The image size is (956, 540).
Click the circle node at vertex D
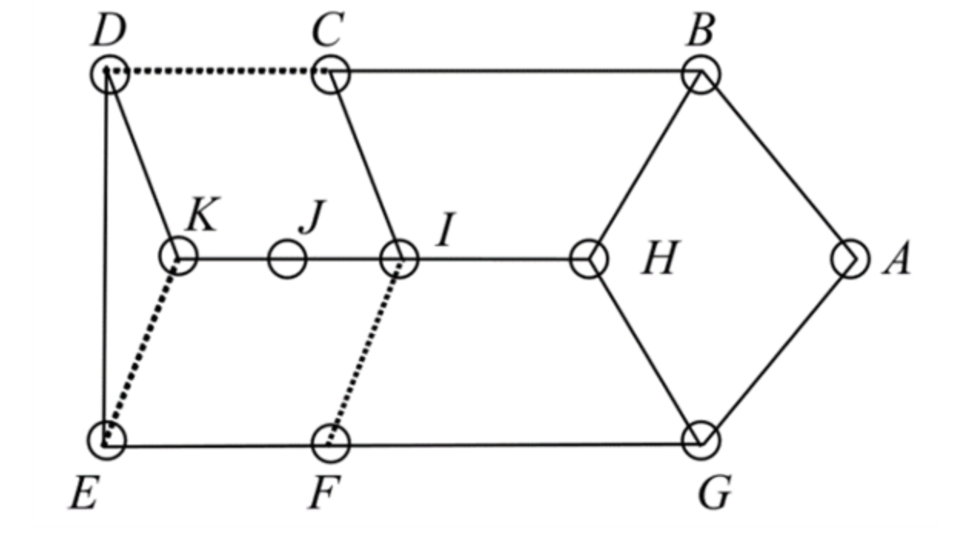109,74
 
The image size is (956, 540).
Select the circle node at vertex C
331,74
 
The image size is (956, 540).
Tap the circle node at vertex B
701,74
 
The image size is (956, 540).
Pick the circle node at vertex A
850,259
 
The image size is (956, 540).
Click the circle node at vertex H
589,259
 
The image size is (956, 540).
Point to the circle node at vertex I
400,259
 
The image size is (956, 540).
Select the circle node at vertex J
287,259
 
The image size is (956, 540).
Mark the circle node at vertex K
178,256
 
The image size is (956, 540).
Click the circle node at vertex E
107,440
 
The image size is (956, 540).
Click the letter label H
659,259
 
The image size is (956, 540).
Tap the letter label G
715,493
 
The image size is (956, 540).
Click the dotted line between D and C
219,72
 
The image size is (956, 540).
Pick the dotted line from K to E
143,348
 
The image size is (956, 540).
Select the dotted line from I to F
365,351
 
